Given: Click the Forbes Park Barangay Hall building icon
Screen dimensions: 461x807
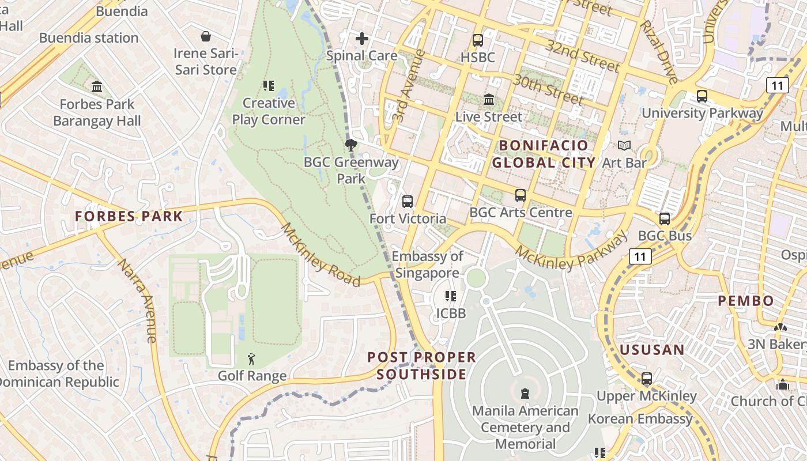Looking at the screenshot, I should point(97,87).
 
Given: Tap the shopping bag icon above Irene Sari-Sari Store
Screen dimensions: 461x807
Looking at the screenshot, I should point(206,37).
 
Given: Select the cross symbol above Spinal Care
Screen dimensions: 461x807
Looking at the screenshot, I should point(362,39).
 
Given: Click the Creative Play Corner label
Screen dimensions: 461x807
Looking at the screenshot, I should point(268,111).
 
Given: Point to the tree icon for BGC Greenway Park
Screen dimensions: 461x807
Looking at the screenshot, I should point(350,145).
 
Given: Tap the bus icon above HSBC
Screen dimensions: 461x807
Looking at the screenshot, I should point(477,40).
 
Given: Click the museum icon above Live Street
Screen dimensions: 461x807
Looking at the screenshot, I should point(489,100).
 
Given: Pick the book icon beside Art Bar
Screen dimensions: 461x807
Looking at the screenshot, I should point(624,146).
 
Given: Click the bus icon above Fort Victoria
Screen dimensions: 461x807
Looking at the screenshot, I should point(408,202).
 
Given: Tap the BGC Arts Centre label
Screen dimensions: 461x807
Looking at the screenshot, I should point(521,213).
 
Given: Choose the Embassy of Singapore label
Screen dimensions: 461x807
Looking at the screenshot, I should point(427,264).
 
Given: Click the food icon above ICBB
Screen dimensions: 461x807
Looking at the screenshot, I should point(451,296).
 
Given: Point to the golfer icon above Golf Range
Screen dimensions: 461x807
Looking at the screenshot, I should point(252,360).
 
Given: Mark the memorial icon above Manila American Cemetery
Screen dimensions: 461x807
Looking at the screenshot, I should point(525,394).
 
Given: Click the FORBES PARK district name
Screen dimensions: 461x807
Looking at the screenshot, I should point(129,217).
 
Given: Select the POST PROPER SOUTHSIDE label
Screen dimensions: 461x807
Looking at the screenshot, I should point(422,365).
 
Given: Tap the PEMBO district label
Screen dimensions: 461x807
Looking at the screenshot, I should point(746,301).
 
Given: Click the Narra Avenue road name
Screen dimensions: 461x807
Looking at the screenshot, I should point(138,300).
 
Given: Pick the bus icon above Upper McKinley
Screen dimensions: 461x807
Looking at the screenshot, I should point(647,379).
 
